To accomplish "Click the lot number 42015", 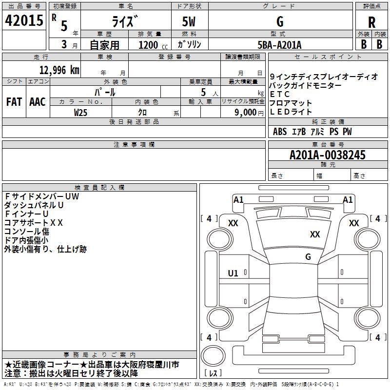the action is [24, 20].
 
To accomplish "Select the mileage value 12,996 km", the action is [59, 70].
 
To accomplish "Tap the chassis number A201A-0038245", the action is [328, 155].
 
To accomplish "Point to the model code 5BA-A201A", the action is [279, 45].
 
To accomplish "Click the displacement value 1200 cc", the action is [153, 45].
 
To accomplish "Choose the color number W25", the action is [80, 113].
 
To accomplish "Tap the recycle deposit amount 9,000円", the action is [249, 113].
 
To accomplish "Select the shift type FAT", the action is [14, 102].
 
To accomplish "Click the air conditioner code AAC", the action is [38, 102].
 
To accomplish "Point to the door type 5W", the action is [189, 21].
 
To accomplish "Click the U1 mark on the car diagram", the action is [233, 273].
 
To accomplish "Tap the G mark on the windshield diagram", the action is [308, 256].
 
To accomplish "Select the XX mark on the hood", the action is [315, 234].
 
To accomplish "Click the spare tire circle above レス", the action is [213, 355].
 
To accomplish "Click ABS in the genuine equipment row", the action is [280, 132].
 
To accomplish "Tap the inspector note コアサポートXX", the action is [34, 223].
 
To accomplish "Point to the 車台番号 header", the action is [328, 144].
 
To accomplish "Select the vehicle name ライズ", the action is [125, 21].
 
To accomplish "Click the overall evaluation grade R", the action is [371, 22].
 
